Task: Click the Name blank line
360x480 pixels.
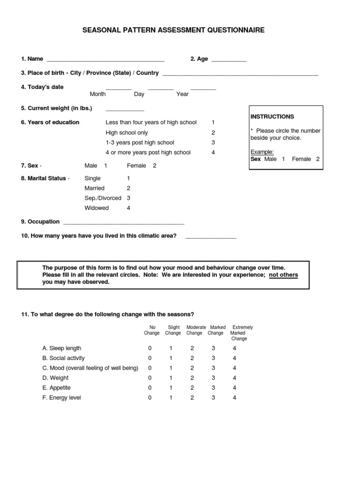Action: coord(105,60)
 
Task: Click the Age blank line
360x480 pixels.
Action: coord(228,60)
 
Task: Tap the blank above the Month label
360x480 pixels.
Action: coord(118,88)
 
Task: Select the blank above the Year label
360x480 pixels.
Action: coord(203,88)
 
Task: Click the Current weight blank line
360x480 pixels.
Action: coord(125,110)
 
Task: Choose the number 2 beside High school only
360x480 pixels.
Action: coord(213,133)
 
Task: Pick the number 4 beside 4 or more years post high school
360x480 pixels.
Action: coord(213,152)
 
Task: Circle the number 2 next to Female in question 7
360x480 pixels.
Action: coord(155,165)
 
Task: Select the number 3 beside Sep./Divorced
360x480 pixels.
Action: coord(128,198)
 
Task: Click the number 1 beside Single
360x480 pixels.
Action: coord(128,178)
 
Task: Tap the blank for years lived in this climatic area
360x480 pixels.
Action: coord(211,237)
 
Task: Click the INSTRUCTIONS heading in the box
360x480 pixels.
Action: coord(272,116)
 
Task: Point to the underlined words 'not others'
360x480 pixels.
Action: coord(283,275)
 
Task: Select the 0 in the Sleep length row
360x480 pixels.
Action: coord(150,348)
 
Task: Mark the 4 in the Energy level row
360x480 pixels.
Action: coord(234,397)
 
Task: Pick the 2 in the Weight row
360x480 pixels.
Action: coord(192,378)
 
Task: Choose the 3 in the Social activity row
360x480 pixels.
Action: coord(213,358)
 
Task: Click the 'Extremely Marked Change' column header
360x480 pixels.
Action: coord(240,333)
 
